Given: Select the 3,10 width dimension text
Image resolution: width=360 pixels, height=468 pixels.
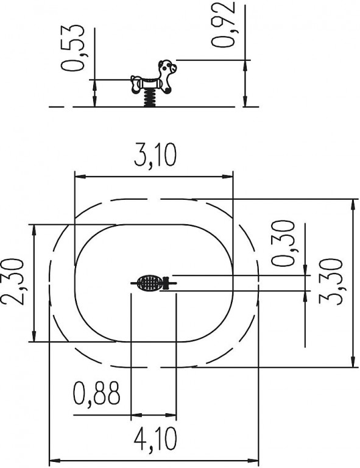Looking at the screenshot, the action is point(155,155).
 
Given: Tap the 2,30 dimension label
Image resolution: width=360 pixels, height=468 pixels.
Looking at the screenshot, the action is point(12,282).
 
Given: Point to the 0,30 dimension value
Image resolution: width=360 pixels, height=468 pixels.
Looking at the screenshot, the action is point(283,243).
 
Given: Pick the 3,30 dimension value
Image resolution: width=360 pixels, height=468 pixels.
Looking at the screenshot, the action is point(330,282).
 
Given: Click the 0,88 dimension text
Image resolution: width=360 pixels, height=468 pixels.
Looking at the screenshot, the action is point(97,392).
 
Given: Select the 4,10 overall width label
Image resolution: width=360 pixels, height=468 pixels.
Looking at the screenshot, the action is point(155,439).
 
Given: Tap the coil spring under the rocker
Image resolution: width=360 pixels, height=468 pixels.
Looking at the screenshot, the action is point(150,98).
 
